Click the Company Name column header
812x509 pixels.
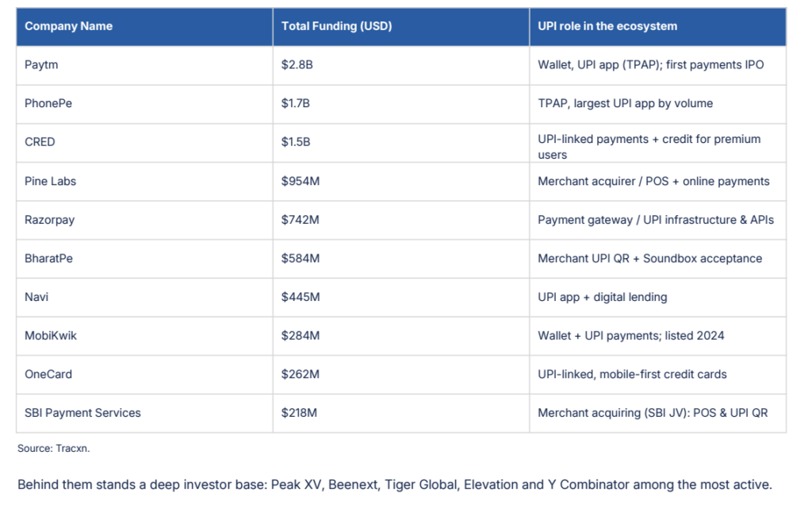[68, 26]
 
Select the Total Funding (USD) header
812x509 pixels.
[336, 26]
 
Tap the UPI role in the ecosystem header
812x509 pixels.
[607, 26]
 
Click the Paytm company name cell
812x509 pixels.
[41, 65]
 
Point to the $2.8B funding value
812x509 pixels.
[297, 65]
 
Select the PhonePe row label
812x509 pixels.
[48, 103]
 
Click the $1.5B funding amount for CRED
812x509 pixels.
[296, 142]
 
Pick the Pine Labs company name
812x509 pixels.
[50, 181]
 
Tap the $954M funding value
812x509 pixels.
[301, 181]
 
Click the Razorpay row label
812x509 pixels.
[50, 220]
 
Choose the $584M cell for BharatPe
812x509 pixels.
[301, 258]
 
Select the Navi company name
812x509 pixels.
[36, 297]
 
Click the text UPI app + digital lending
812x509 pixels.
[603, 297]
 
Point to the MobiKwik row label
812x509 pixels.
[51, 335]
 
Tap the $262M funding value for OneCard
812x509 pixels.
[301, 374]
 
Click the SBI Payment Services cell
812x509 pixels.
[82, 413]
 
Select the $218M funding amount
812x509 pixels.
[299, 413]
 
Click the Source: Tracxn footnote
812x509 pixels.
[53, 449]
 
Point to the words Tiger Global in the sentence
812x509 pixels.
[421, 484]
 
